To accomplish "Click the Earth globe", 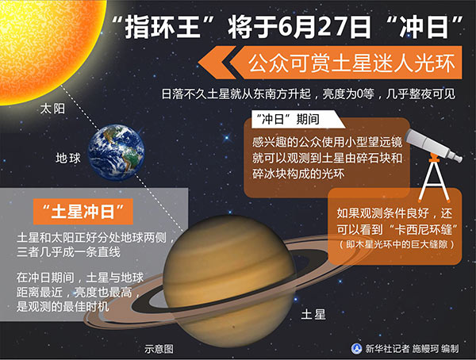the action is tap(117, 152).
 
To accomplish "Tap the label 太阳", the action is tap(52, 109).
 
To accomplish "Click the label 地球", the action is tap(68, 158).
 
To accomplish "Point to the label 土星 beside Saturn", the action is tap(313, 314).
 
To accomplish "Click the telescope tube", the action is tap(433, 144).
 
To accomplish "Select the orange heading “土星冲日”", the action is tap(83, 211).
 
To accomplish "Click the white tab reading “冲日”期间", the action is tap(287, 119).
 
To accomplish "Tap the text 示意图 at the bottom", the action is tap(159, 349).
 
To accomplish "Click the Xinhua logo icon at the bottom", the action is tap(357, 348).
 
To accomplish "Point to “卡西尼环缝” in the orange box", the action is tap(424, 229).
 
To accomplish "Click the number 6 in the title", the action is tap(286, 27).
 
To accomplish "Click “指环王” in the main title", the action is tap(163, 27).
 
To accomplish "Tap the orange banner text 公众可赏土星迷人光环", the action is tap(351, 63).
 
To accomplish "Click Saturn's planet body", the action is tap(229, 281).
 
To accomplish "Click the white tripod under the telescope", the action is tap(434, 180).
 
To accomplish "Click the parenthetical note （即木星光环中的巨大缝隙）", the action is tap(397, 244).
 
